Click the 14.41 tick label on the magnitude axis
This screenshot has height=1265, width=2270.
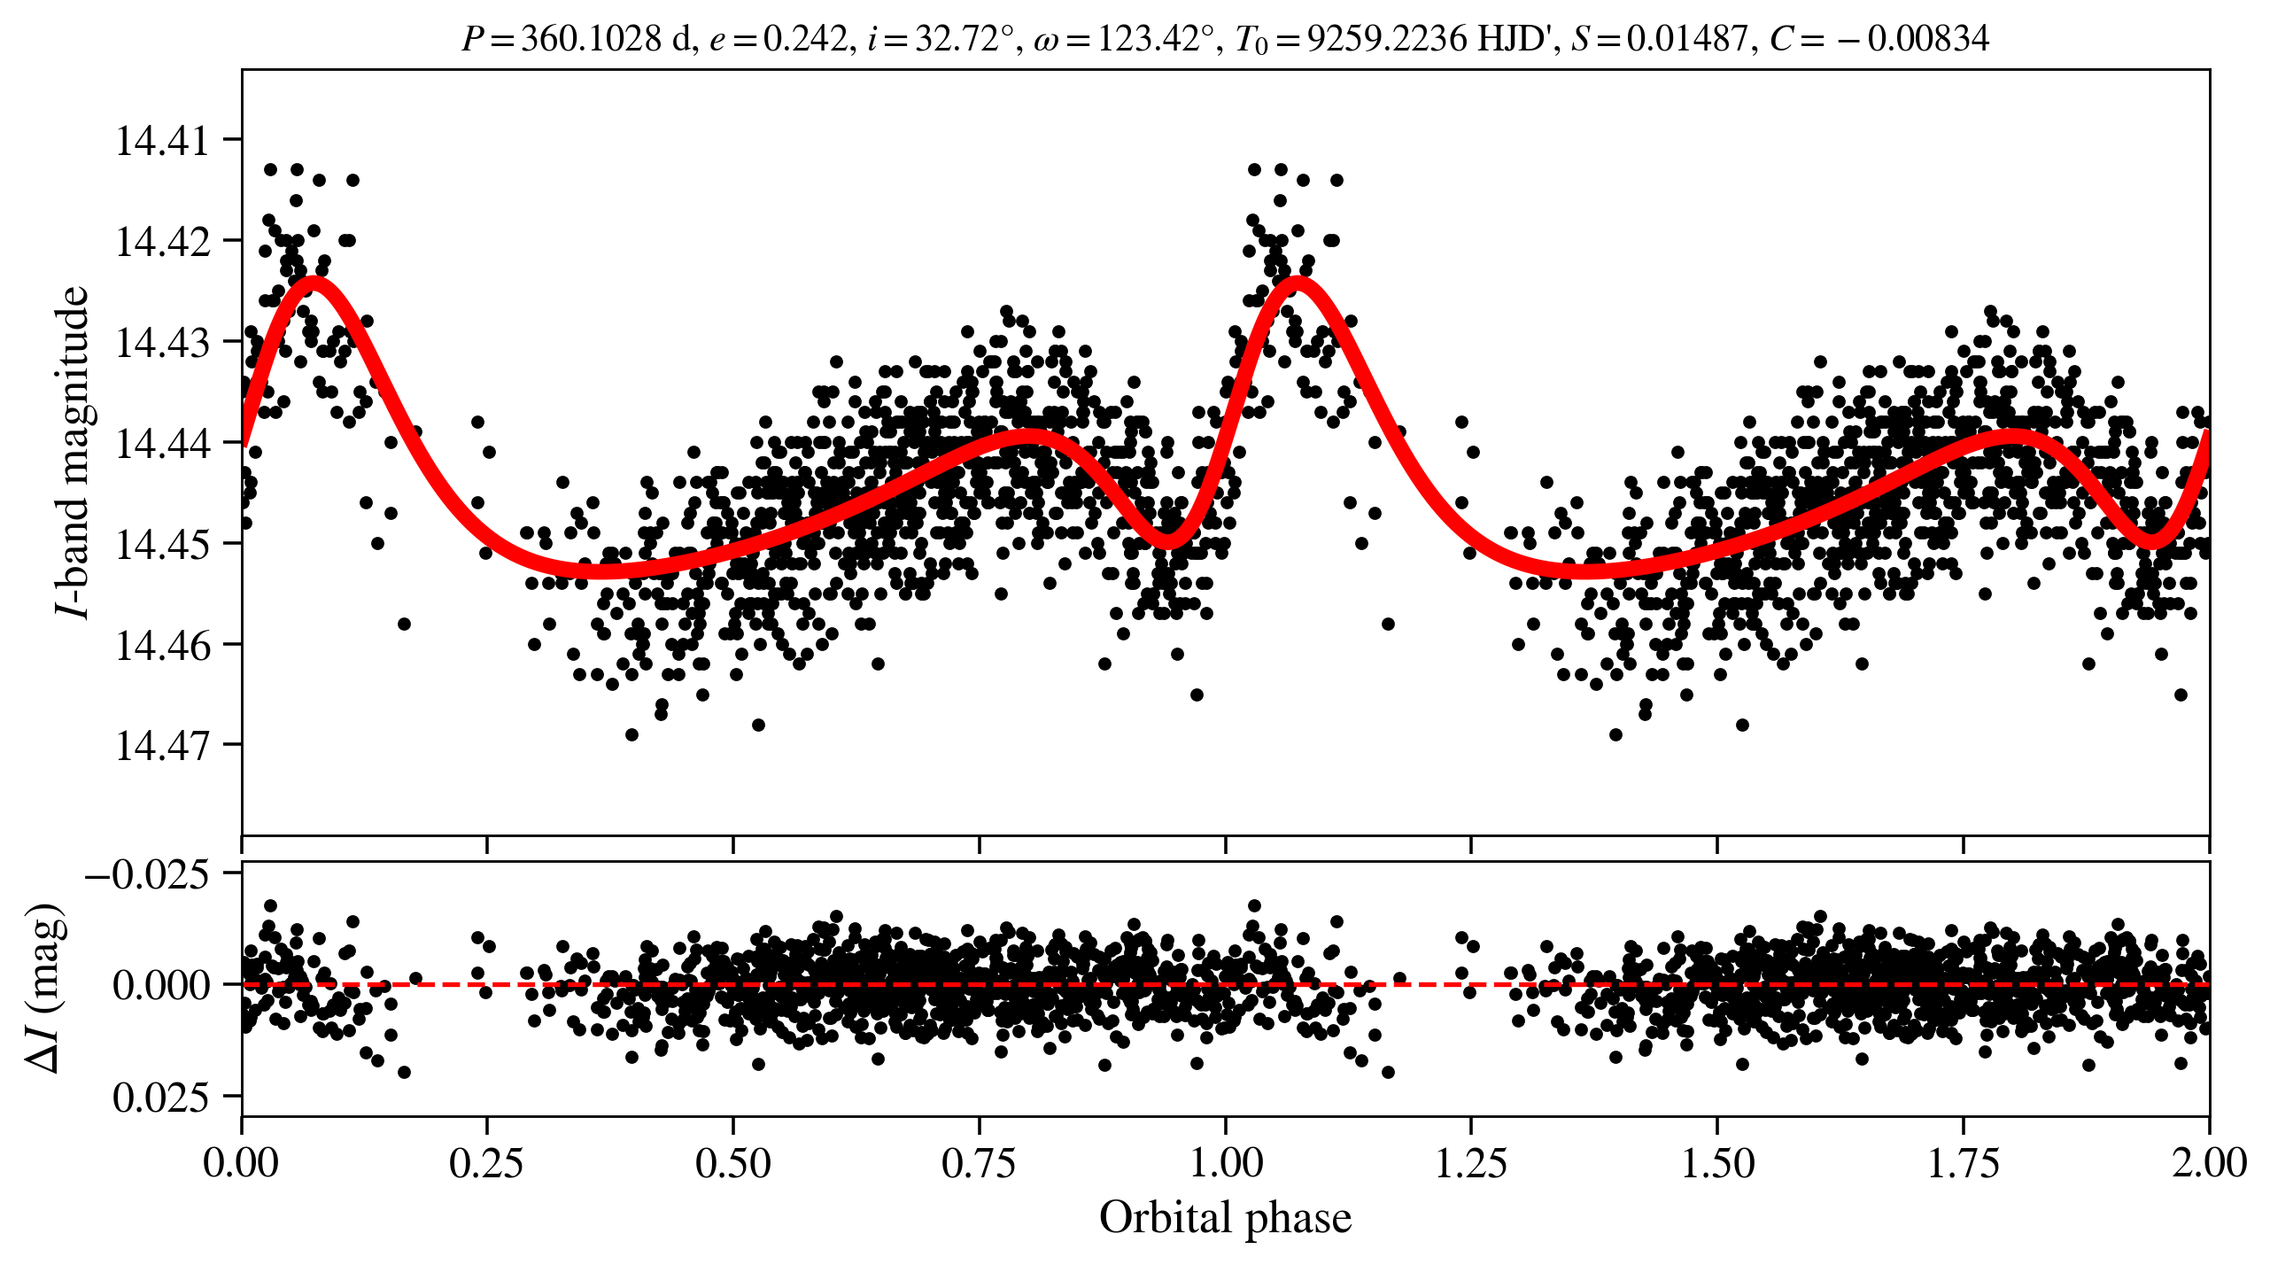pyautogui.click(x=163, y=141)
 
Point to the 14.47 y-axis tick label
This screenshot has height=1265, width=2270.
pyautogui.click(x=163, y=745)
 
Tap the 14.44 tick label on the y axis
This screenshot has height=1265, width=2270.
pyautogui.click(x=163, y=443)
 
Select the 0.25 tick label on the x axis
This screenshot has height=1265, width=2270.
pyautogui.click(x=486, y=1163)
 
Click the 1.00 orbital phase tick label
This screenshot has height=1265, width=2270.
pyautogui.click(x=1225, y=1163)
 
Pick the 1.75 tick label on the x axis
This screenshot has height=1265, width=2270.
pyautogui.click(x=1963, y=1163)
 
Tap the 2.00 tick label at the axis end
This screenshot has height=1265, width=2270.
pyautogui.click(x=2208, y=1163)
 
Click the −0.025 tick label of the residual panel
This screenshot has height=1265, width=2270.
pyautogui.click(x=147, y=875)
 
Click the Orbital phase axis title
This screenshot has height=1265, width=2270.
pyautogui.click(x=1225, y=1218)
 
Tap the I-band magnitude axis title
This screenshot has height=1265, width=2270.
pyautogui.click(x=73, y=452)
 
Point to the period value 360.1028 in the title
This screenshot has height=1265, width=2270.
pyautogui.click(x=591, y=39)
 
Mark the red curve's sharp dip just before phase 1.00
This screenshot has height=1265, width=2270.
pyautogui.click(x=1169, y=540)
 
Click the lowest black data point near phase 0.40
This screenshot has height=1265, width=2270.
pyautogui.click(x=631, y=734)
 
